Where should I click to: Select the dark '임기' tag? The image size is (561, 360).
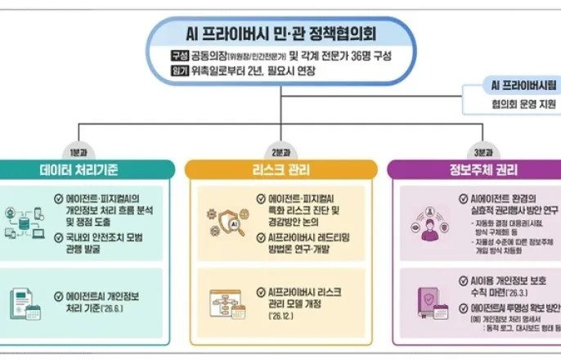[x=178, y=71]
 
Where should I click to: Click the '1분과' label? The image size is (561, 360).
[x=79, y=152]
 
